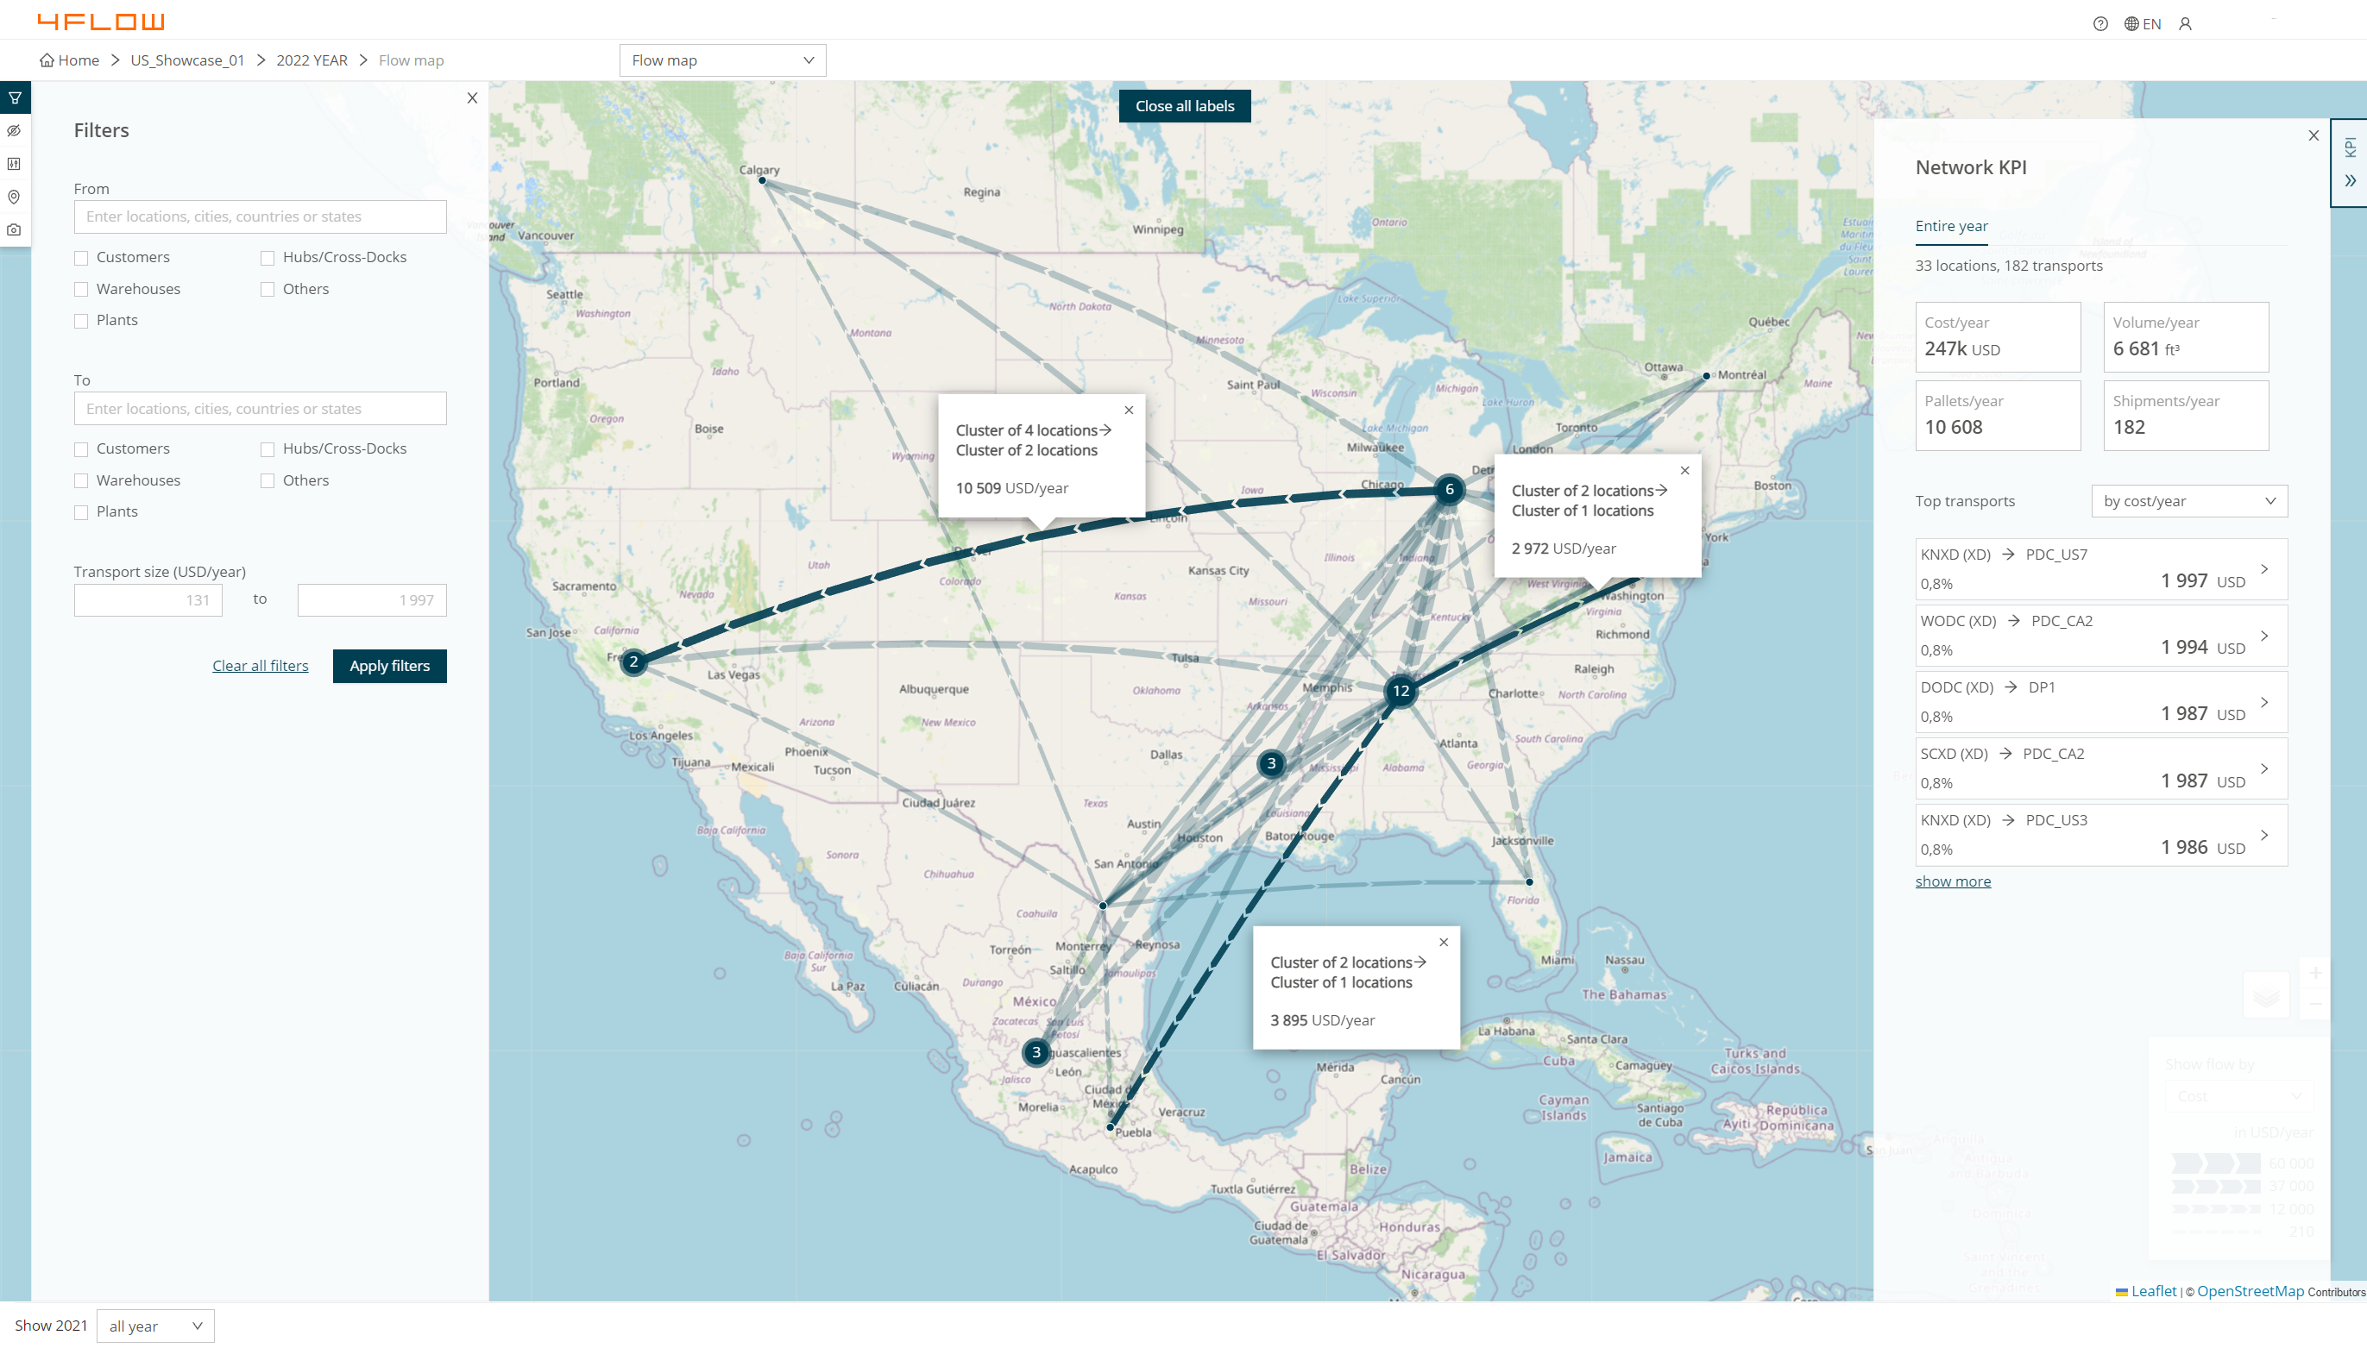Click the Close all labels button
1185,106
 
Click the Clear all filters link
261,666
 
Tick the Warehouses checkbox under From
81,290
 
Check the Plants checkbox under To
81,513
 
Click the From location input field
261,216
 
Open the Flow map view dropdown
722,60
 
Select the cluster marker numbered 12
1401,691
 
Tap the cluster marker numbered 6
1449,490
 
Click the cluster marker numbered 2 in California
633,662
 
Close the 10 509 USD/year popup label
1129,411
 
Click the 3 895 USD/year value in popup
1321,1020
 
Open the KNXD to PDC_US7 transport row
2100,568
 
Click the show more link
1952,881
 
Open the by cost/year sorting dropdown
2188,501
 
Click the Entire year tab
1951,226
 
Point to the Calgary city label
759,169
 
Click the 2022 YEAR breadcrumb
312,60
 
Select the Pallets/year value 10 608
1953,427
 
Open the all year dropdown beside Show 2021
154,1326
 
